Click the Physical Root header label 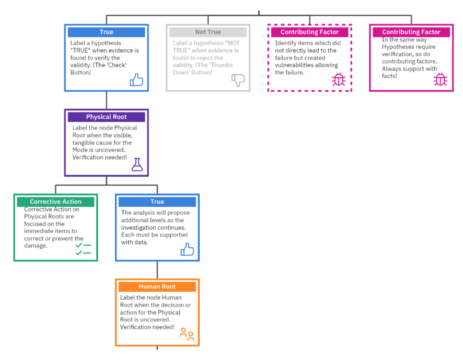click(x=106, y=117)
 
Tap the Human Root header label click(x=157, y=287)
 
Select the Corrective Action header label click(x=55, y=202)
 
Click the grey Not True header click(x=208, y=32)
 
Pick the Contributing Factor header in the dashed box click(x=310, y=32)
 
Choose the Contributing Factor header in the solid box click(x=411, y=32)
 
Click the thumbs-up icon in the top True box click(x=136, y=80)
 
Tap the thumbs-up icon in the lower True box click(x=187, y=250)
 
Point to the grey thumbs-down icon click(x=238, y=80)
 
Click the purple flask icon click(x=137, y=165)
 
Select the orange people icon click(x=187, y=334)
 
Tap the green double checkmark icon click(x=83, y=249)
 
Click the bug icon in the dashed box click(x=339, y=80)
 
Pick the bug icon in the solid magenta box click(x=440, y=80)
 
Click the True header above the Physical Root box click(x=106, y=32)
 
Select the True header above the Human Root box click(x=157, y=202)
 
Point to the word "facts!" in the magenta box click(x=389, y=77)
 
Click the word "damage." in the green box click(x=36, y=246)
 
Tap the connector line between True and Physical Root click(x=106, y=100)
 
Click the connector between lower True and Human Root click(x=157, y=270)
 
